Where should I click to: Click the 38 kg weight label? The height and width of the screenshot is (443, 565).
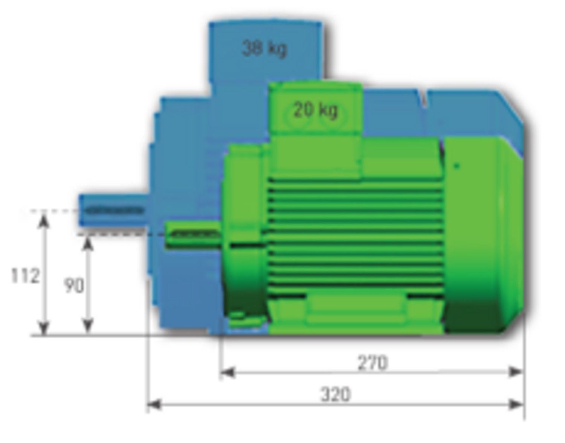pyautogui.click(x=264, y=48)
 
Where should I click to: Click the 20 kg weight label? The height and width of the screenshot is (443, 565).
pyautogui.click(x=315, y=110)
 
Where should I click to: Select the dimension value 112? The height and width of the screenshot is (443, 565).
pyautogui.click(x=25, y=276)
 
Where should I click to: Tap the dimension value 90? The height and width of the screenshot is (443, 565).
pyautogui.click(x=74, y=285)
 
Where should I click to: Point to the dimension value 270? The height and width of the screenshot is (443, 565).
pyautogui.click(x=372, y=363)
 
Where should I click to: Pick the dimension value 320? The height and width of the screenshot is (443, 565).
pyautogui.click(x=335, y=395)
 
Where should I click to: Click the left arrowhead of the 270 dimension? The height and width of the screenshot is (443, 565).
pyautogui.click(x=227, y=372)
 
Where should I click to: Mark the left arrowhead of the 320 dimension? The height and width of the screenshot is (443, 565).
pyautogui.click(x=154, y=405)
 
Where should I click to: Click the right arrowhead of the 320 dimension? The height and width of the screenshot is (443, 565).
pyautogui.click(x=516, y=405)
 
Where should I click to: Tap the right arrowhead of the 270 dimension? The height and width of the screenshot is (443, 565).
pyautogui.click(x=516, y=372)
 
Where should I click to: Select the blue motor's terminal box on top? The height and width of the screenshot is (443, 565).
pyautogui.click(x=266, y=53)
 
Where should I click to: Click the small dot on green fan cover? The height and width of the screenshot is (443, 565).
pyautogui.click(x=457, y=166)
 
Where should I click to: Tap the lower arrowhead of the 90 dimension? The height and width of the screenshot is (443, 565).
pyautogui.click(x=88, y=326)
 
